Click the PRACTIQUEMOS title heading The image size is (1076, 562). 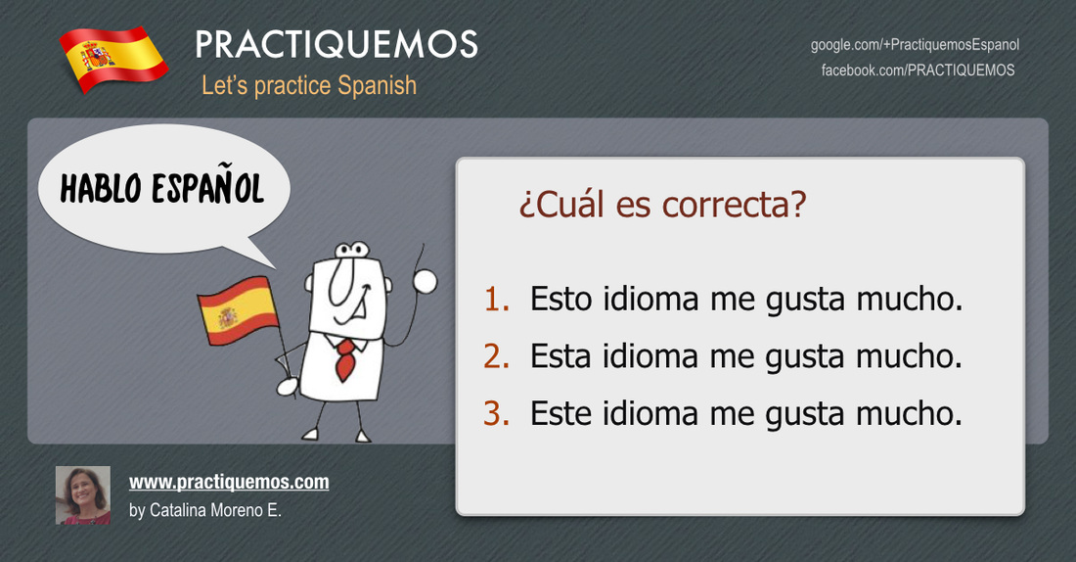tap(336, 45)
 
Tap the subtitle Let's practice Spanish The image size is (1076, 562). tap(309, 86)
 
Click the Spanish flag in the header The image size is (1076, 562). tap(113, 59)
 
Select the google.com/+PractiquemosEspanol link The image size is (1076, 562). tap(915, 45)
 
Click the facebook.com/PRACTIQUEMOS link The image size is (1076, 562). tap(919, 70)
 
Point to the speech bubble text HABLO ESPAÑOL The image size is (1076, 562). tap(162, 187)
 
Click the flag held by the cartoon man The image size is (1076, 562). tap(238, 310)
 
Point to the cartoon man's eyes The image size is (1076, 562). tap(352, 250)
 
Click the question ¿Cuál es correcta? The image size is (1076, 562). tap(662, 205)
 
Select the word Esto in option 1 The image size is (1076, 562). tap(560, 299)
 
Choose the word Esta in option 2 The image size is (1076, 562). tap(560, 355)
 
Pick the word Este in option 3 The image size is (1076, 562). tap(560, 413)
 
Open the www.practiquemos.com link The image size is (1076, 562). tap(229, 483)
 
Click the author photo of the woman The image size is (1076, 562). tap(83, 495)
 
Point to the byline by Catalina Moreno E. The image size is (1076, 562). tap(205, 510)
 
